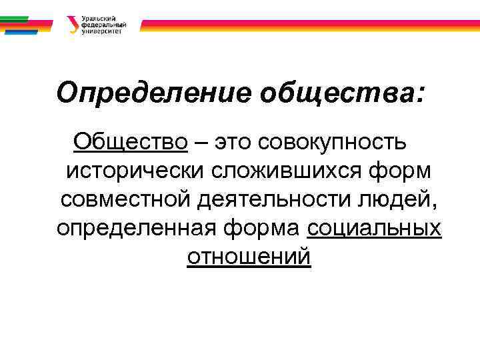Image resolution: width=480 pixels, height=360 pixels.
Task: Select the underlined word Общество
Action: click(x=131, y=141)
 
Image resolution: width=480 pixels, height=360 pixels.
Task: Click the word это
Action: click(x=235, y=142)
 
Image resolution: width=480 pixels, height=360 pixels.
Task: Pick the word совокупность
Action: click(x=334, y=142)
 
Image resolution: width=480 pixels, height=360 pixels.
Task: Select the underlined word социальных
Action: click(x=374, y=227)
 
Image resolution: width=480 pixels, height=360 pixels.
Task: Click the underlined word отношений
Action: click(x=249, y=256)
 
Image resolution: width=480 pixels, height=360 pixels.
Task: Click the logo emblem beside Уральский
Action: click(x=72, y=25)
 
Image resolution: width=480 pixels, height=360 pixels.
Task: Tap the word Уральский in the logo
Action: click(x=97, y=19)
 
